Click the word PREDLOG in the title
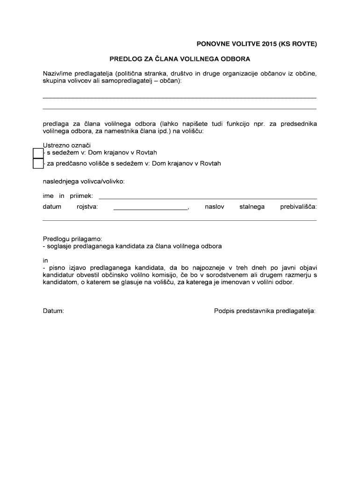pyautogui.click(x=123, y=59)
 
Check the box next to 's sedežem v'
pyautogui.click(x=37, y=153)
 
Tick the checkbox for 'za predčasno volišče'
pyautogui.click(x=37, y=164)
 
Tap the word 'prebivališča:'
pyautogui.click(x=298, y=206)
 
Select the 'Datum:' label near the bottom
pyautogui.click(x=53, y=311)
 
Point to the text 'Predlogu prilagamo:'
pyautogui.click(x=72, y=239)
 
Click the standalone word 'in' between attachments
pyautogui.click(x=45, y=260)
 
